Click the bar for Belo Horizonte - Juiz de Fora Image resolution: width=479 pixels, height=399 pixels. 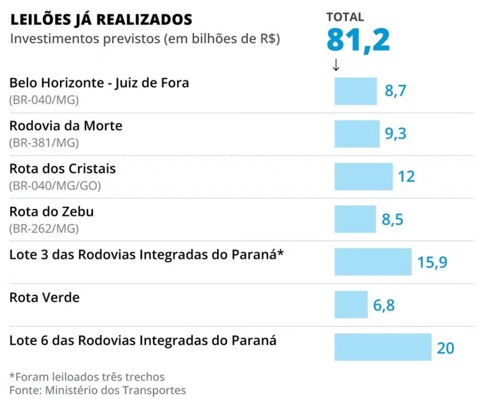tap(356, 91)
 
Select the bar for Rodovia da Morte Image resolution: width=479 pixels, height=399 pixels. tap(357, 134)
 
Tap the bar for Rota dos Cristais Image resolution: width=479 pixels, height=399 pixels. tap(364, 177)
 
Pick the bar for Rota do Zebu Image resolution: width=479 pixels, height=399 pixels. tap(355, 219)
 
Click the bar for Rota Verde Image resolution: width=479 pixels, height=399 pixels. tap(351, 305)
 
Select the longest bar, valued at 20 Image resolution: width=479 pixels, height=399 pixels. tap(383, 347)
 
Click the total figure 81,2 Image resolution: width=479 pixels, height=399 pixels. tap(358, 41)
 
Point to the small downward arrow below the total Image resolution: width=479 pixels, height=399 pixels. tap(336, 65)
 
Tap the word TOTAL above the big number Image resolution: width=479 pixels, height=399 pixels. tap(345, 17)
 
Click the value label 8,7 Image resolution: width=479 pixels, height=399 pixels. tap(395, 91)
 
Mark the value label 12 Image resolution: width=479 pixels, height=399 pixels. tap(406, 177)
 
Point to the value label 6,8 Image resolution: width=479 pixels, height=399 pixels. tap(384, 305)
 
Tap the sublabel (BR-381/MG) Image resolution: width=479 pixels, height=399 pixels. tap(44, 143)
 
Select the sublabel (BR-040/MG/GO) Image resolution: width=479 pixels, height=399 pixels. tap(55, 185)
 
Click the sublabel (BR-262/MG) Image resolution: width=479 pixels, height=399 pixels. tap(44, 229)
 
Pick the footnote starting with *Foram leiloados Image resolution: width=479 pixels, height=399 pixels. tap(87, 377)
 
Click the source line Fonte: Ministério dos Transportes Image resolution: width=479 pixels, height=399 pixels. tap(97, 390)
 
